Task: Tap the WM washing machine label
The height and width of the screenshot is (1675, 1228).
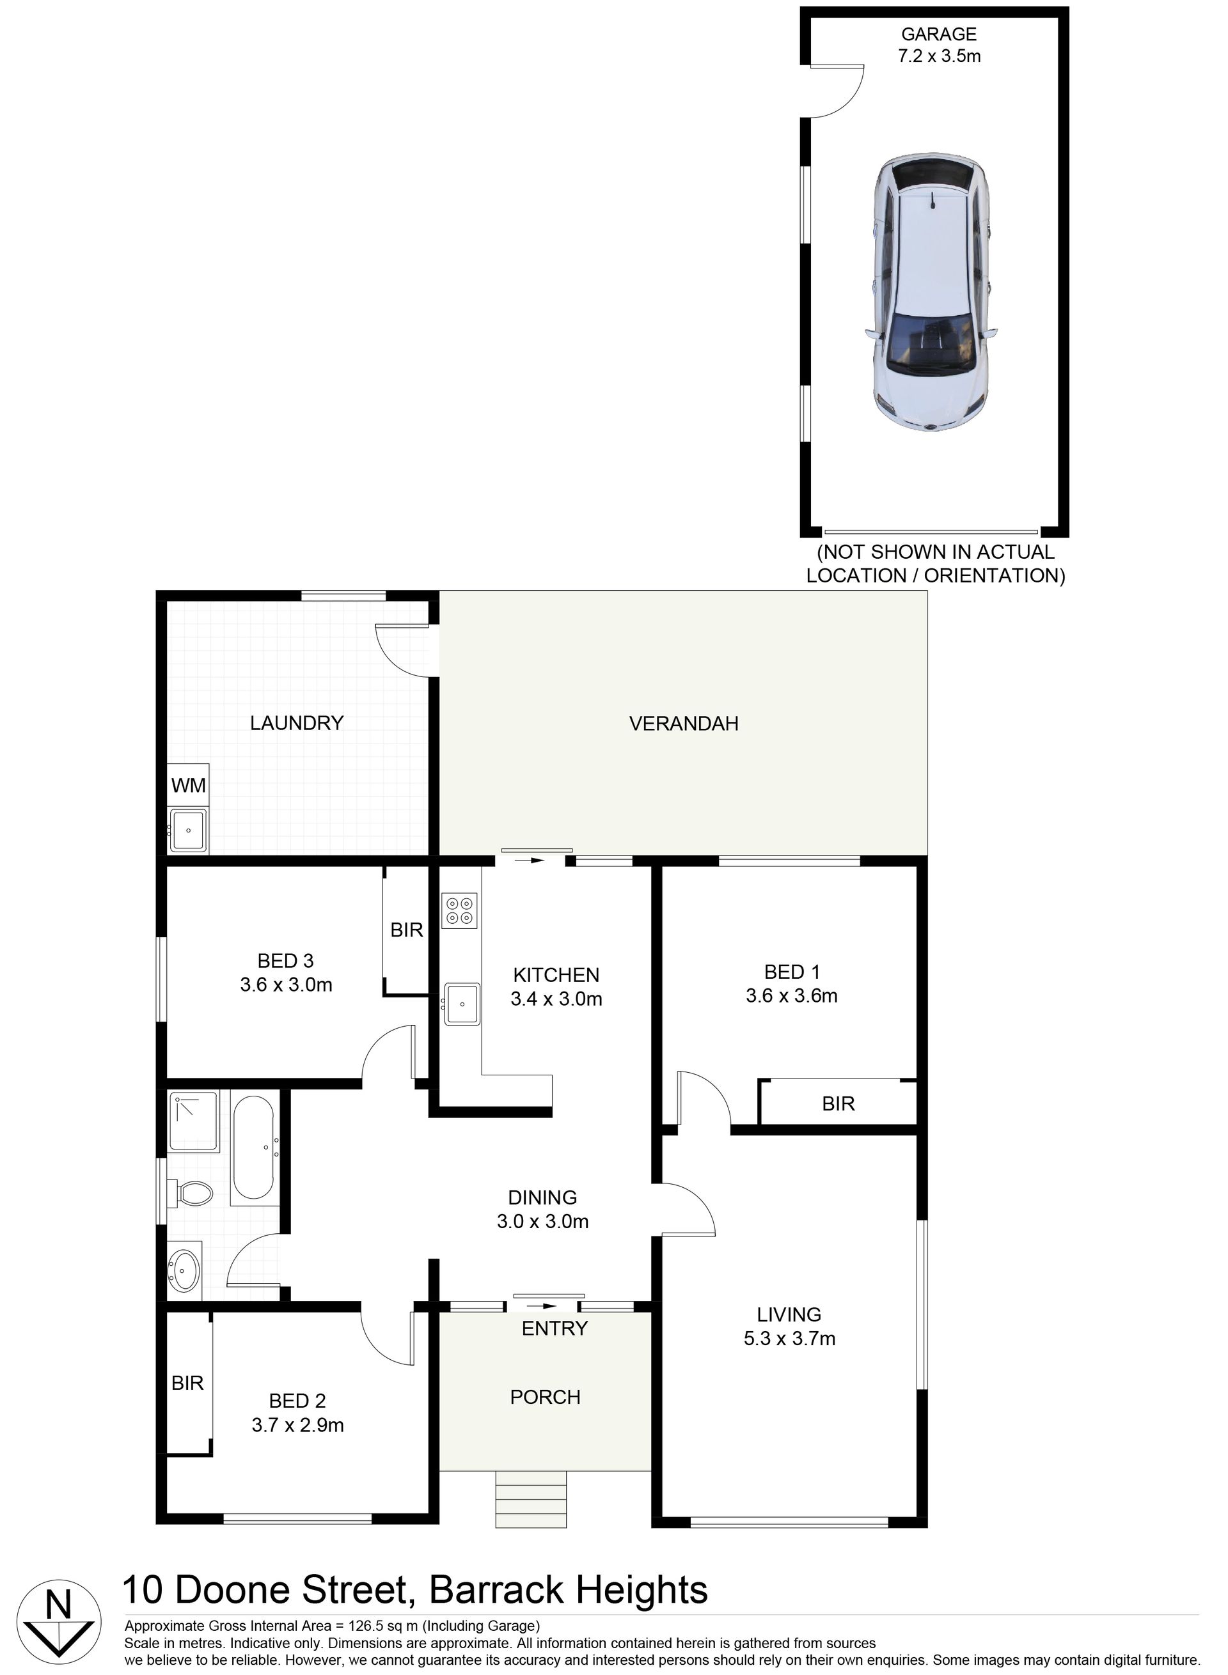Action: click(188, 786)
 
